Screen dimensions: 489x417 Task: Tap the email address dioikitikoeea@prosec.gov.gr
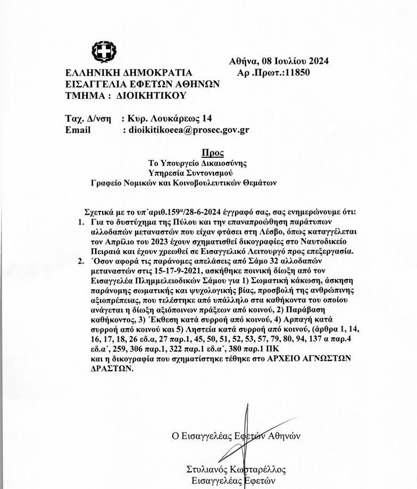186,129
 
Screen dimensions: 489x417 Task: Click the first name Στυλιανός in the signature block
205,470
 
